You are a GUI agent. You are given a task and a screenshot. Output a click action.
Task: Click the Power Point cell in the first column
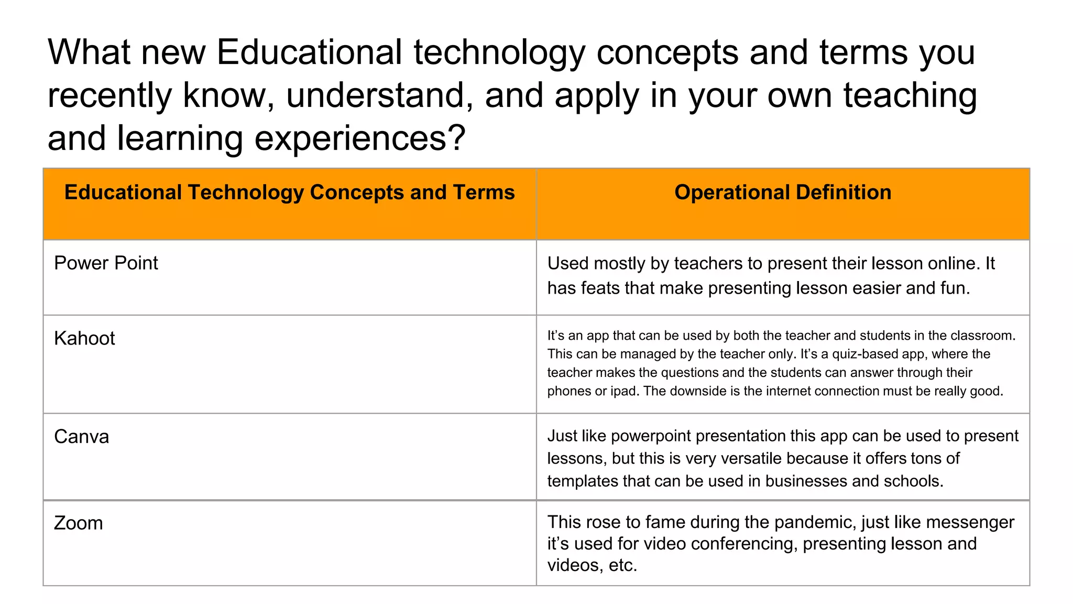(106, 263)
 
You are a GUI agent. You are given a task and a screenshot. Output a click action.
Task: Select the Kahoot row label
(84, 339)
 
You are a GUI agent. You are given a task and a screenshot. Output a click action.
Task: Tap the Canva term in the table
(82, 437)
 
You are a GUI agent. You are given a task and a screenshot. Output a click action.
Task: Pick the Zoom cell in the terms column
(79, 523)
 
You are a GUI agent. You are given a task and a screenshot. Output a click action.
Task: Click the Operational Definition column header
(783, 192)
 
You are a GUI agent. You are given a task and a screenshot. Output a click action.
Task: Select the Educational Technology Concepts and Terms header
(289, 192)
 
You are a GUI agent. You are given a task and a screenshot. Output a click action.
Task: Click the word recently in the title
(110, 95)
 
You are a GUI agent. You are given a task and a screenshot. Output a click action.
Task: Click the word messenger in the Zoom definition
(970, 522)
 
